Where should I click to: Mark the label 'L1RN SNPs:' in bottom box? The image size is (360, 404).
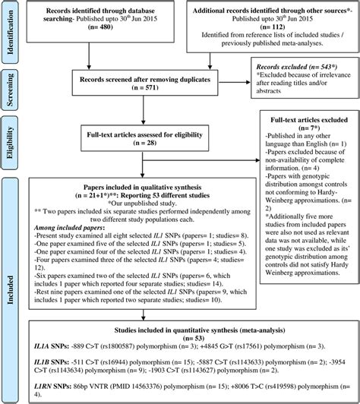(48, 396)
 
